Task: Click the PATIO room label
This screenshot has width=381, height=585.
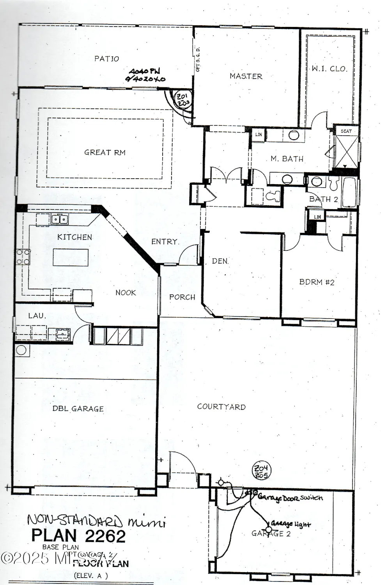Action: [106, 59]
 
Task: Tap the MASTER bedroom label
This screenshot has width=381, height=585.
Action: [246, 76]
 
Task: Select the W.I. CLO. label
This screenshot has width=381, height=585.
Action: [329, 69]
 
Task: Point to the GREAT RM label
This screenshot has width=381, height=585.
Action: [105, 152]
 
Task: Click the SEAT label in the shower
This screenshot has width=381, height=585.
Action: [346, 131]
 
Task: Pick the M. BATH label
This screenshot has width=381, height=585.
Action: [287, 159]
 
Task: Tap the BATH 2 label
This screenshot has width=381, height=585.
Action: [323, 199]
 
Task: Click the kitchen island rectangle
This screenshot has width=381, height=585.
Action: [71, 257]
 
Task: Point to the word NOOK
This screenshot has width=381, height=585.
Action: [126, 292]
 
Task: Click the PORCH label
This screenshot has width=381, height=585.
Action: [182, 297]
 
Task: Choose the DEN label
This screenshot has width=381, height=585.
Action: [220, 261]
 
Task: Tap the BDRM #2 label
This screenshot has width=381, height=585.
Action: [317, 282]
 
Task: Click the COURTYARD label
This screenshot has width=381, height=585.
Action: [221, 407]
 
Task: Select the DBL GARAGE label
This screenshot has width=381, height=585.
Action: [78, 409]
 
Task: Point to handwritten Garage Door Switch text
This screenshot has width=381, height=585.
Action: [290, 498]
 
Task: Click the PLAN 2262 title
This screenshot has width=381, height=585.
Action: [78, 536]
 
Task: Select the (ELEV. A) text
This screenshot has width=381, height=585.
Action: [90, 575]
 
